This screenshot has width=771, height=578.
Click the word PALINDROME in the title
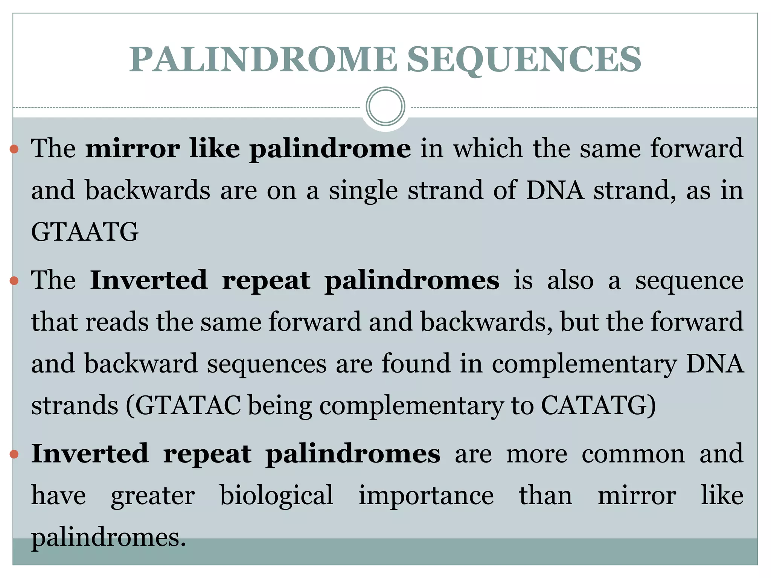(263, 59)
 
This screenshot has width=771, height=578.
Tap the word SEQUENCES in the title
(524, 59)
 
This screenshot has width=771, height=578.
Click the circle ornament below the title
(385, 106)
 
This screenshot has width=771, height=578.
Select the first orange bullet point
(14, 149)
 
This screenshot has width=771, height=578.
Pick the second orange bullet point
(14, 281)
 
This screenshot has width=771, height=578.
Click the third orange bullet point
(14, 455)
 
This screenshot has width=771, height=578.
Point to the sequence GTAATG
(85, 232)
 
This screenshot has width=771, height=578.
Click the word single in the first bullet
(363, 190)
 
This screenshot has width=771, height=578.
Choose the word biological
(276, 495)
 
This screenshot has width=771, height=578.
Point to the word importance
(426, 495)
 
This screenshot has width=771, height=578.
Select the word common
(633, 454)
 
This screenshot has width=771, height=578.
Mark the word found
(416, 364)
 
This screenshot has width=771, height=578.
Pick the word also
(570, 281)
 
